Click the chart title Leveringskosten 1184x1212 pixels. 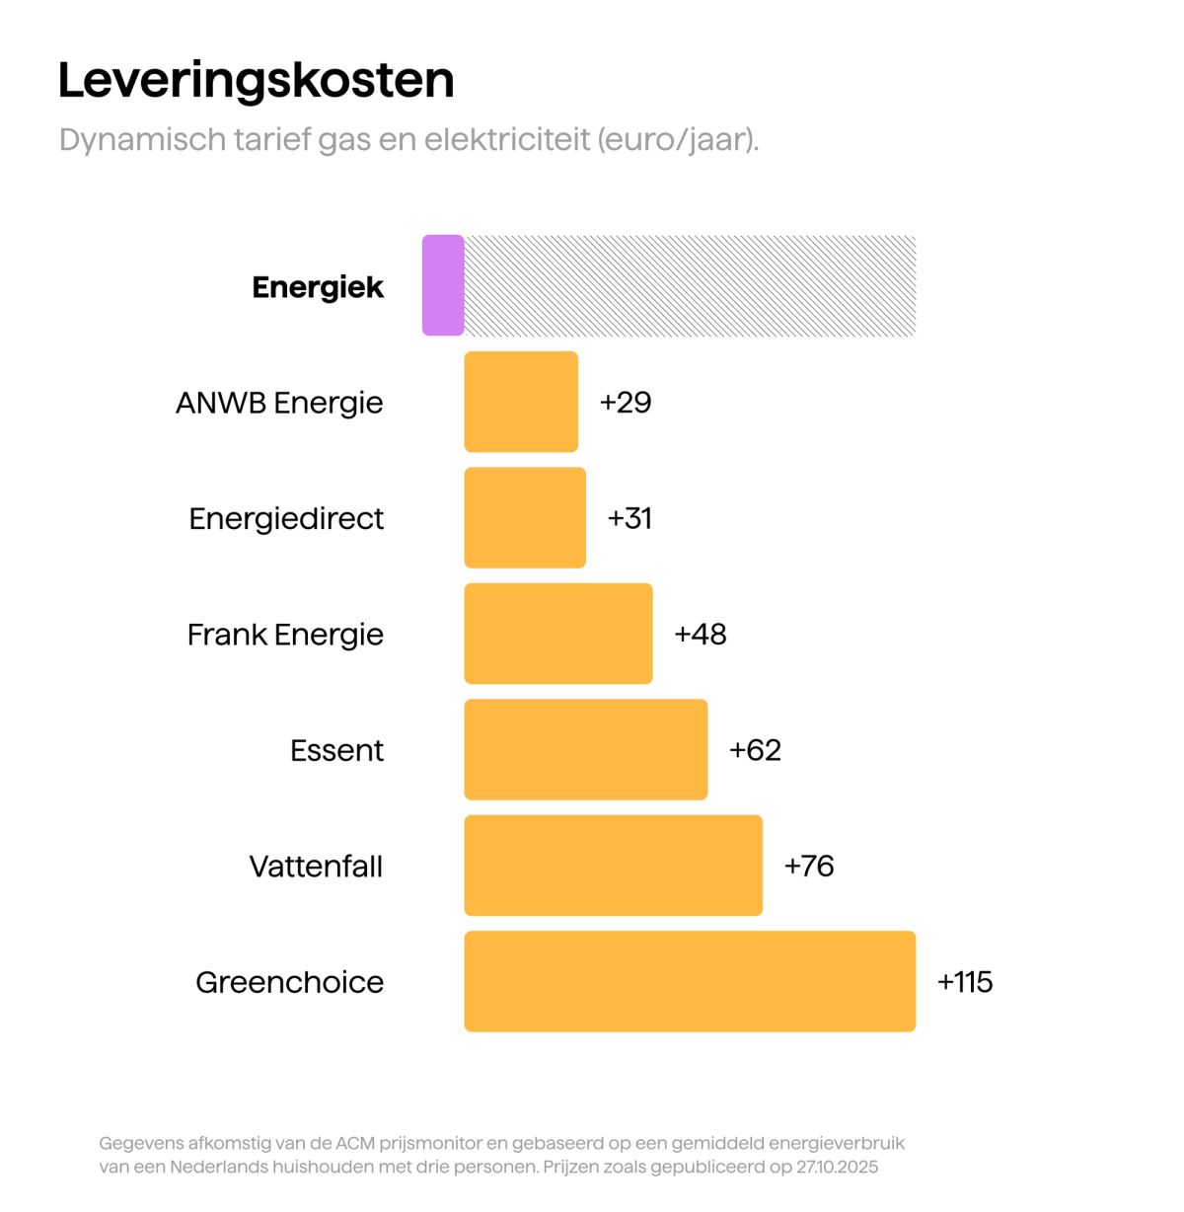click(256, 80)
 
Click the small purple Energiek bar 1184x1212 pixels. click(443, 285)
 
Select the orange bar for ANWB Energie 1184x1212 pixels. click(521, 402)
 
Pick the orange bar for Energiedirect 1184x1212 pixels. click(525, 517)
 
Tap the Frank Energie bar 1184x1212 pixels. click(558, 634)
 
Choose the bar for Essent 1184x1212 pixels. click(586, 749)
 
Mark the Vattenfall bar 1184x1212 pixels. click(613, 866)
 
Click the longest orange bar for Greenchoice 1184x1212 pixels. click(690, 981)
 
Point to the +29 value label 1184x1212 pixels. click(626, 402)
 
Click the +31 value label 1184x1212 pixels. click(629, 518)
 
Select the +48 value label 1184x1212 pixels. click(701, 634)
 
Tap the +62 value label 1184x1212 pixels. click(755, 750)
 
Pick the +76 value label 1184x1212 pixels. click(809, 866)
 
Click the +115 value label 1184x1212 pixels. click(965, 982)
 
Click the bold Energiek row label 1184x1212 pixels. click(318, 287)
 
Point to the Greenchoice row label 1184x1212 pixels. click(289, 982)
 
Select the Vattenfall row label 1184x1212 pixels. click(316, 867)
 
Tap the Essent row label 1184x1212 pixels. click(336, 750)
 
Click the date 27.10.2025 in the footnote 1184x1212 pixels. click(837, 1167)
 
